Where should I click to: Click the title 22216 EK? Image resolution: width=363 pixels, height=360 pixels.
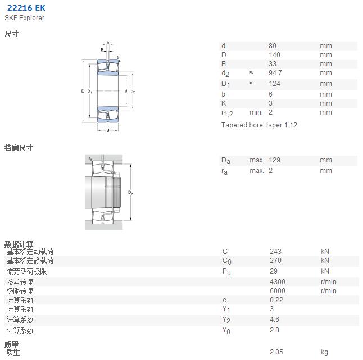coord(26,8)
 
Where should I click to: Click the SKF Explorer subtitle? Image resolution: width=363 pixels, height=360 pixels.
coord(24,18)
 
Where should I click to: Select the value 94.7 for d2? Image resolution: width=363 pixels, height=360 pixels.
coord(275,73)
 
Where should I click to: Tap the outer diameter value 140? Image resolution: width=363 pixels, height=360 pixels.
coord(274,55)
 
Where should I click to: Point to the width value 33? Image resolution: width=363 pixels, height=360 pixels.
coord(273,64)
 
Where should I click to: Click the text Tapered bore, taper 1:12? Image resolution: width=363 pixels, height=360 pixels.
coord(259,125)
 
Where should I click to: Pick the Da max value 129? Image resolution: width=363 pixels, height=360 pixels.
coord(275,160)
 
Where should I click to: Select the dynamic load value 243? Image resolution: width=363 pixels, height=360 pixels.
coord(275,251)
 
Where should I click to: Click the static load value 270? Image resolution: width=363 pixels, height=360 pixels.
coord(275,260)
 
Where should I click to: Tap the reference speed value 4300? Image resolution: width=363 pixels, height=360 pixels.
coord(278,281)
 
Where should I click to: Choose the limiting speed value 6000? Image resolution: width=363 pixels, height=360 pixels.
coord(278,290)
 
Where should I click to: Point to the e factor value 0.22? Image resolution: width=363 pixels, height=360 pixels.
coord(276,299)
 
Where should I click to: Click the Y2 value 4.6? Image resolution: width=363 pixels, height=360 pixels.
coord(274,319)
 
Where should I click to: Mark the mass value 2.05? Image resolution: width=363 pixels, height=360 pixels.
coord(276,352)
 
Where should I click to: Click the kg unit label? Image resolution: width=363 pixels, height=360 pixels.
coord(325,352)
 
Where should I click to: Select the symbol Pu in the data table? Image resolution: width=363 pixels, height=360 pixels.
coord(226,272)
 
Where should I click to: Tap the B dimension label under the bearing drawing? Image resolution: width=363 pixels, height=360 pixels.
coord(108,130)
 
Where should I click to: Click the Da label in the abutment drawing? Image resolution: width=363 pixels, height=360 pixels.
coord(130,192)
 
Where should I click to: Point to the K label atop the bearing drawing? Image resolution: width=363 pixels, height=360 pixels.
coord(102,49)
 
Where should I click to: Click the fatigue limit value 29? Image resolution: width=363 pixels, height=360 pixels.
coord(274,271)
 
